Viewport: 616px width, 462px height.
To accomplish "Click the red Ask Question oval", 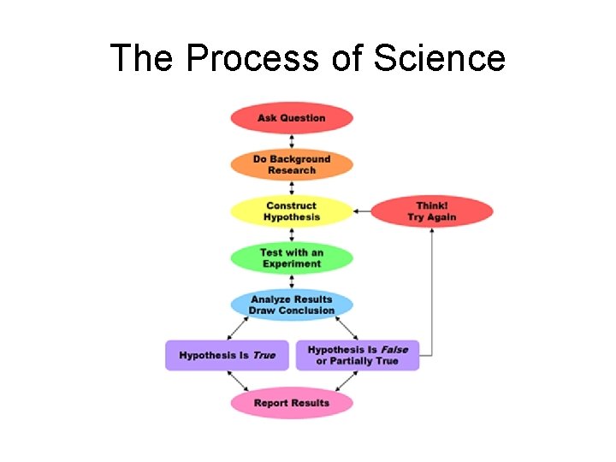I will (x=292, y=118).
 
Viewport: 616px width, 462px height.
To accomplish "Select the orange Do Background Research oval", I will (x=292, y=164).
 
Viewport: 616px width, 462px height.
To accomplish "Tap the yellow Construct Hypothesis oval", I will (x=292, y=211).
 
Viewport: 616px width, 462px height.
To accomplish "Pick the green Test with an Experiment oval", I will (x=292, y=258).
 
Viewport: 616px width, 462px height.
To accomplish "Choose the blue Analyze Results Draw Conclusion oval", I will (x=292, y=305).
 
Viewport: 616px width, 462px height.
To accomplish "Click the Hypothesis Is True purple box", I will (x=228, y=355).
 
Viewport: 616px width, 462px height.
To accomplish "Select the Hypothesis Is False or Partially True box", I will (x=358, y=355).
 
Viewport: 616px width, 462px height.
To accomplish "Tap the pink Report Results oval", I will (x=292, y=403).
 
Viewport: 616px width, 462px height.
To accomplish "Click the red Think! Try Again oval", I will (x=432, y=211).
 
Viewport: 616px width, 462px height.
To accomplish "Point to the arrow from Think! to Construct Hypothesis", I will (x=362, y=210).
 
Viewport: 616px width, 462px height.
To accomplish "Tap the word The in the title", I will (x=143, y=58).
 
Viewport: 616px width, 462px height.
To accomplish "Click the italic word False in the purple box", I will (x=394, y=350).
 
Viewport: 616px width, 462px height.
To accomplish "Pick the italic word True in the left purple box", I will (x=264, y=355).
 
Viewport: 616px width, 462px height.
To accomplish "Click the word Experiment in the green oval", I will (x=292, y=264).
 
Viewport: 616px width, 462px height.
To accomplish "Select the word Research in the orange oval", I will (x=292, y=170).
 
